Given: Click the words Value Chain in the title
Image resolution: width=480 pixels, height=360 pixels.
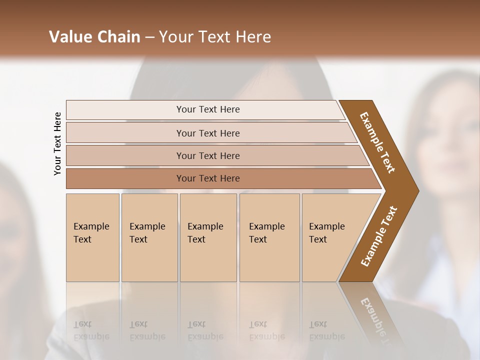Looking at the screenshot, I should pos(94,37).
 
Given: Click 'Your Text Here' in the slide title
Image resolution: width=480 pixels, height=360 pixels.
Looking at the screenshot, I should pos(215,37).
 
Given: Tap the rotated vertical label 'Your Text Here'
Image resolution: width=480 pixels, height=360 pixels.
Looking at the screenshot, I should pos(57,143).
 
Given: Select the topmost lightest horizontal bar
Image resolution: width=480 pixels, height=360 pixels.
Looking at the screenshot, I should pos(125,109).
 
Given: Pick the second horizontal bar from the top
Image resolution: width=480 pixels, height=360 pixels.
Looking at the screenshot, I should pos(125,133).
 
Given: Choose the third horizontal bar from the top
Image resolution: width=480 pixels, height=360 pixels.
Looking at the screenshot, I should pos(125,155).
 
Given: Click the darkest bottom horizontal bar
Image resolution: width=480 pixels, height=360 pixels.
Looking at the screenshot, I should pos(125,178).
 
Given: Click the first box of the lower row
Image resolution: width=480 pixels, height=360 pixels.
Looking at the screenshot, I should pos(92,260).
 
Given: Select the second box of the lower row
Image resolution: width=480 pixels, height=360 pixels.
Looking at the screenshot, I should pos(149,260).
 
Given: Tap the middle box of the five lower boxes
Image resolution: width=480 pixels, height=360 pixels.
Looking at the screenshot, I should pos(208,260).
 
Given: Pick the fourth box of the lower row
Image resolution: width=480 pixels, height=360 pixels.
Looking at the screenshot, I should pos(269,260).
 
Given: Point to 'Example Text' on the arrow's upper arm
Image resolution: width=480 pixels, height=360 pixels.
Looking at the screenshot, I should pos(377,142).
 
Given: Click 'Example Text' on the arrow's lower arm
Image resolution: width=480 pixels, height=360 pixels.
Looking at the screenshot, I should pos(379,236).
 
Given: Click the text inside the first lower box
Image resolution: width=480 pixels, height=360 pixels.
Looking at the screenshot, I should pos(91,232).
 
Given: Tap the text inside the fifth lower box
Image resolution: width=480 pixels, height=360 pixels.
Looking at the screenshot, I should pos(326,232).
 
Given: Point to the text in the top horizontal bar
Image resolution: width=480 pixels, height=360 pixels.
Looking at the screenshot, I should pos(208,109).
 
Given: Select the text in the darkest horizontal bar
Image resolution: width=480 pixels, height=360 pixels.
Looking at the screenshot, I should pos(208,178).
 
